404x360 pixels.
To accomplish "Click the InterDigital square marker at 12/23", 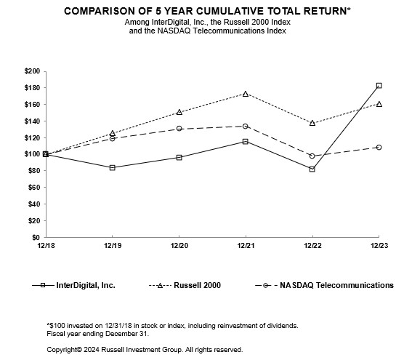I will (379, 86).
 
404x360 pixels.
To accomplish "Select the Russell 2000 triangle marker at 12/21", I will (246, 94).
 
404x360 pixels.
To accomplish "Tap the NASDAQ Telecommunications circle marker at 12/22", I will (312, 156).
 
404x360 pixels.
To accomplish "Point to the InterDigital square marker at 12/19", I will (112, 167).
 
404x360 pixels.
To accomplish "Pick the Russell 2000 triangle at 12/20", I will (179, 112).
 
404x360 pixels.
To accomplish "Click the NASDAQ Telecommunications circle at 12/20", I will (179, 129).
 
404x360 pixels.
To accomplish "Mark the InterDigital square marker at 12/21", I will (246, 141).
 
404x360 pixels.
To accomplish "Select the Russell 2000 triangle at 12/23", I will (379, 104).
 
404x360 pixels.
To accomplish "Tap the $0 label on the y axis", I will (35, 238).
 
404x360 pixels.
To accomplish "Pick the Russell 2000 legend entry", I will (196, 285).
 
